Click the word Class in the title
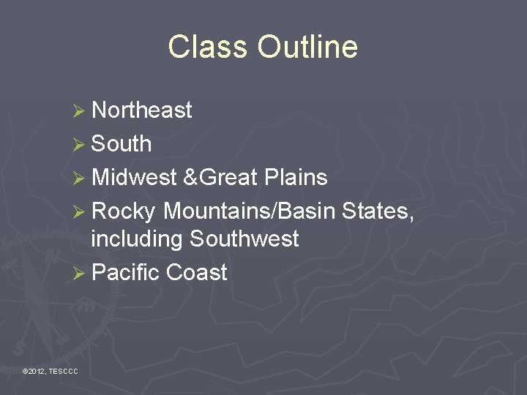[208, 47]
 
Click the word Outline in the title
[307, 47]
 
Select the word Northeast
[142, 110]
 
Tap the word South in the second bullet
[122, 144]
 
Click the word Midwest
[135, 177]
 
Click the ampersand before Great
[190, 177]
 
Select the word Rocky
[124, 211]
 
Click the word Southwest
[244, 239]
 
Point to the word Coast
[197, 273]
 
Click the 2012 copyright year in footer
[36, 372]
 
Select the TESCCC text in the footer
[63, 372]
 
